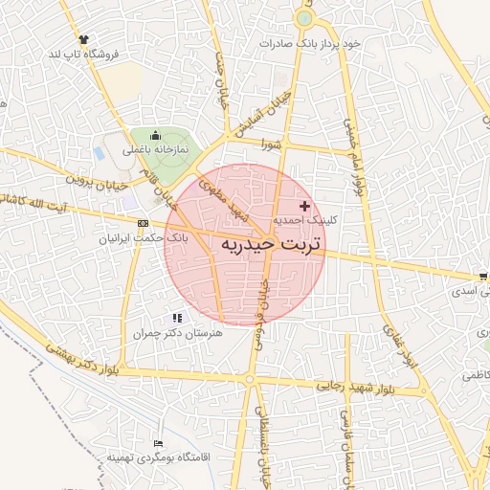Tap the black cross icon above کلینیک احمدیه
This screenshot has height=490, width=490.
[x=305, y=206]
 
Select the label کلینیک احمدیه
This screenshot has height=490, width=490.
[x=305, y=220]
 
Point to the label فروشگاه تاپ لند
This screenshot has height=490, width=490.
[x=83, y=55]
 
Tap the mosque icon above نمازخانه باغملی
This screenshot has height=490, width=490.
[x=156, y=137]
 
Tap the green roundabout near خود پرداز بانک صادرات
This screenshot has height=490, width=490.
[x=304, y=18]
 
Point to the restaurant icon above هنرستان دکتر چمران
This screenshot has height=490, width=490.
[x=176, y=318]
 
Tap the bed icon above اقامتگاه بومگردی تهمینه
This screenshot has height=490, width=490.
[x=158, y=444]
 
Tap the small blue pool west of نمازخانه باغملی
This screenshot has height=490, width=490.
[x=101, y=152]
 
